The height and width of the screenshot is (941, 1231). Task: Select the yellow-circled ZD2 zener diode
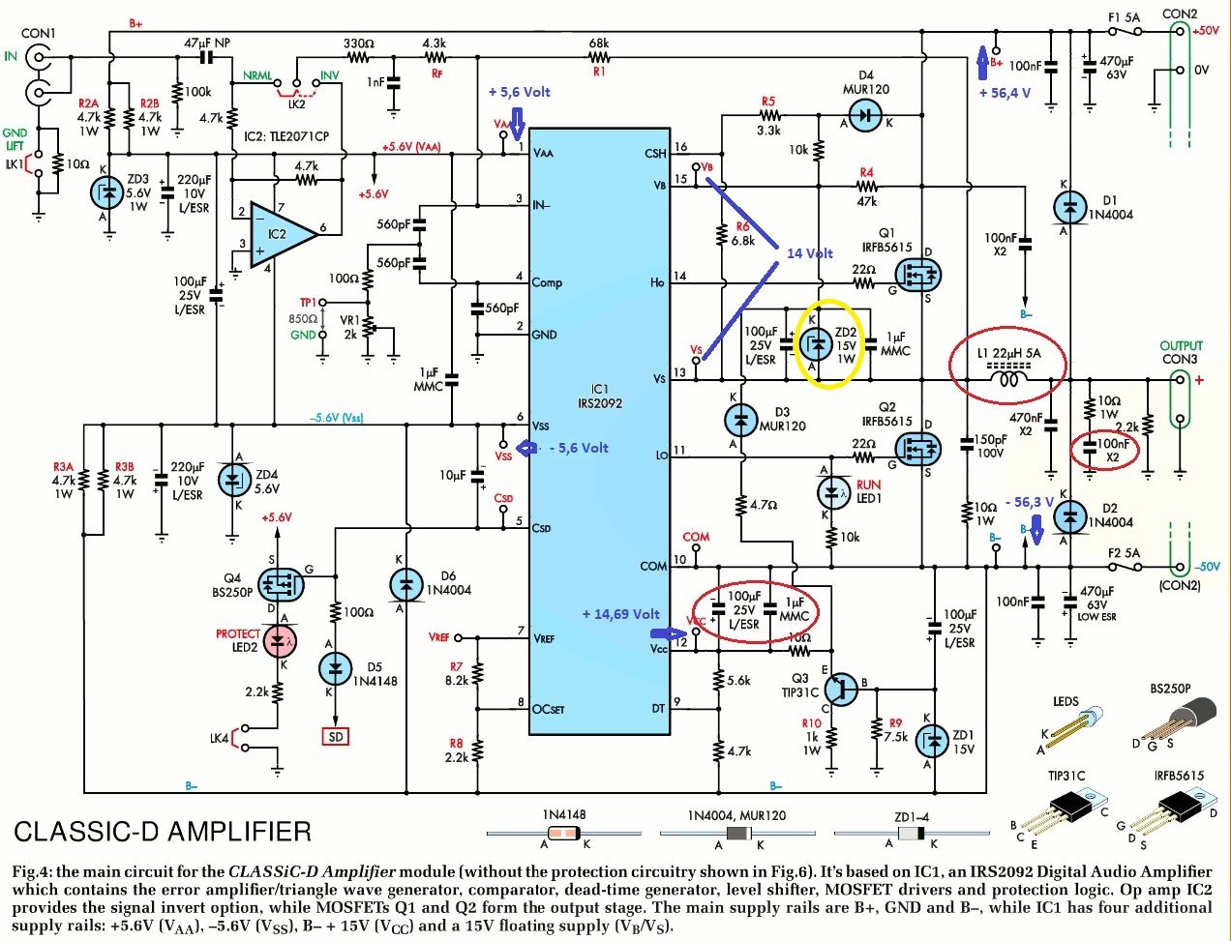[818, 344]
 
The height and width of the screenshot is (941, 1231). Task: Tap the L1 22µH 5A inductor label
[1008, 353]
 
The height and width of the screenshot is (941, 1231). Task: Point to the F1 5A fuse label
[1124, 17]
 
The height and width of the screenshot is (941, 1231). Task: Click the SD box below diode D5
[335, 737]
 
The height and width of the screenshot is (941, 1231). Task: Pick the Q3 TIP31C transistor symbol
[842, 688]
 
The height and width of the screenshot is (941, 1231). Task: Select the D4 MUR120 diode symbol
[865, 121]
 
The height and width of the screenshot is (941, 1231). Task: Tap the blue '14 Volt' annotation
[809, 253]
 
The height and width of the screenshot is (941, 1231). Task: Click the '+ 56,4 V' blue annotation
[1005, 93]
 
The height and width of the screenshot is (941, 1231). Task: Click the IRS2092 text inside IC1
[600, 403]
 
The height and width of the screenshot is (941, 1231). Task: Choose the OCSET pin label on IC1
[549, 709]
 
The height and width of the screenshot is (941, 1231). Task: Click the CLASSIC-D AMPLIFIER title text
[162, 832]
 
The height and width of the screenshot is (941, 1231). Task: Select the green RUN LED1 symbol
[833, 492]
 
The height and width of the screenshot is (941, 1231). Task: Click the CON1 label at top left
[38, 33]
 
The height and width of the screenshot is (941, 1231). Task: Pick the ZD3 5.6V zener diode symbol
[106, 193]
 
